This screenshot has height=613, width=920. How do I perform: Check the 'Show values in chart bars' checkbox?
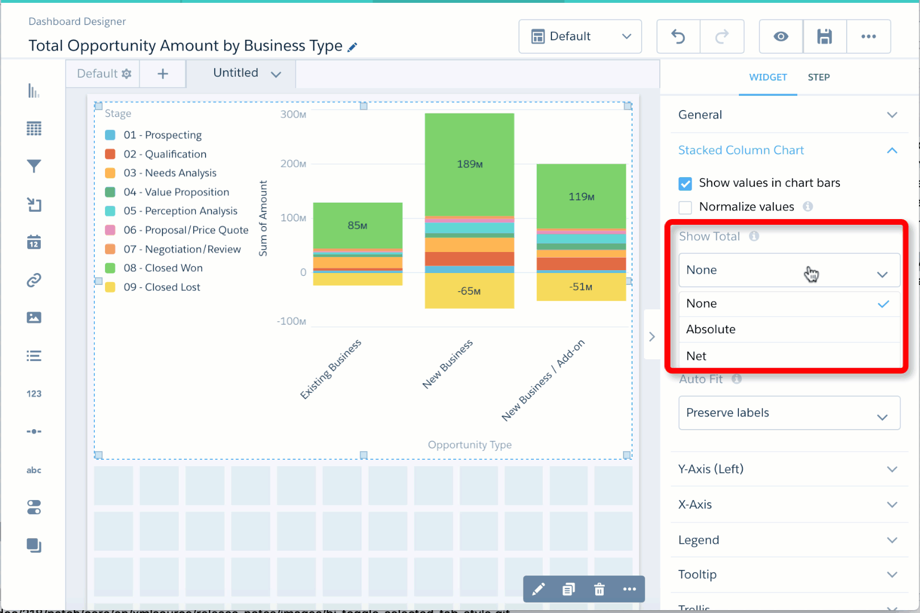685,183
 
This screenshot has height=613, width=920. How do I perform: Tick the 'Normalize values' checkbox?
685,207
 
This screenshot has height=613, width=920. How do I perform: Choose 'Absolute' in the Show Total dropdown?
710,330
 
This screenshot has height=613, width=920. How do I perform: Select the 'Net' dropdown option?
696,356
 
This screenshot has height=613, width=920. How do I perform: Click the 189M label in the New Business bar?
470,165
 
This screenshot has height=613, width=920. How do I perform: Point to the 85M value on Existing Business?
357,226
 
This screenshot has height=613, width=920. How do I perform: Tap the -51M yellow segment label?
581,287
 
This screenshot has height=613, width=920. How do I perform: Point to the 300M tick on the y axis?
293,115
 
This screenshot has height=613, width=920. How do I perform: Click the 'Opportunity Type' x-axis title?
470,445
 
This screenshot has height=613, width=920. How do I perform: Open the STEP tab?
818,77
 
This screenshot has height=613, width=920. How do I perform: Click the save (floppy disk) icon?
825,37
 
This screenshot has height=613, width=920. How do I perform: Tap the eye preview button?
781,37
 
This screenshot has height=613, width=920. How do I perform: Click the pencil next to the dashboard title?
353,47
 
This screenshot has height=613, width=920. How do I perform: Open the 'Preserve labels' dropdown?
789,413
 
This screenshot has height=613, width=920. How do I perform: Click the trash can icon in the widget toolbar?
599,589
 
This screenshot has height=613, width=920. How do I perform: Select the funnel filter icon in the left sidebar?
34,166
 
